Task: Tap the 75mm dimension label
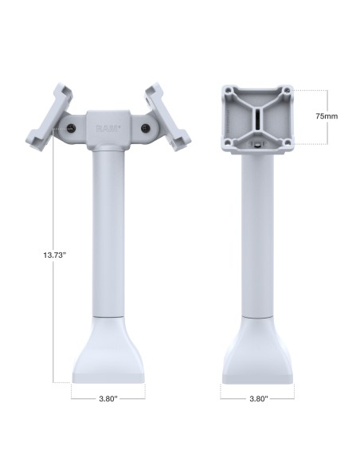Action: click(326, 116)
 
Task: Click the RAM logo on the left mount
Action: click(107, 128)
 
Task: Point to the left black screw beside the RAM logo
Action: click(72, 127)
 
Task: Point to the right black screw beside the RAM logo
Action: click(145, 127)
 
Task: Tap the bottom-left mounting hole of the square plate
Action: click(230, 143)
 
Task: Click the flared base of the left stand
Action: click(108, 350)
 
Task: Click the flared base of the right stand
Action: click(256, 350)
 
